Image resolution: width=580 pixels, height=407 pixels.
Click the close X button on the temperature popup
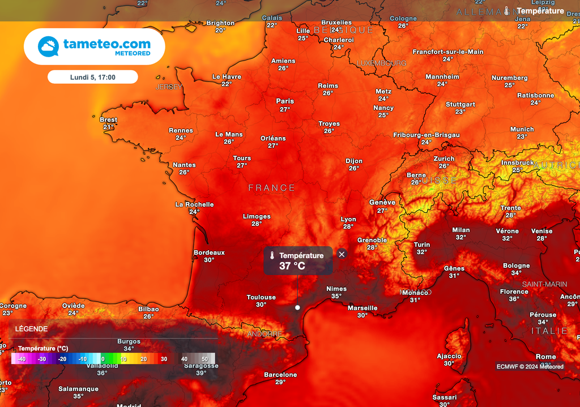pos(342,254)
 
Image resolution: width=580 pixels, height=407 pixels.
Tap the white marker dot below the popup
pos(297,307)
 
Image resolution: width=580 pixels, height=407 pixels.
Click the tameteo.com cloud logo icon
pos(48,46)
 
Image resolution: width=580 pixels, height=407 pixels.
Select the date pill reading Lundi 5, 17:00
pos(92,77)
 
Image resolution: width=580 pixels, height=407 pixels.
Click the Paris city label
pos(285,101)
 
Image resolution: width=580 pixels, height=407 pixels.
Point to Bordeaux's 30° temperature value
pos(209,260)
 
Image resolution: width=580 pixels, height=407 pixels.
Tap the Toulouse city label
pos(261,297)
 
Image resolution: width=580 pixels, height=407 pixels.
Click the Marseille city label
pos(362,308)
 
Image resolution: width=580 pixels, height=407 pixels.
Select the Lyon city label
pos(348,219)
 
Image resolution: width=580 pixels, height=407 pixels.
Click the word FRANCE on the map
pos(272,187)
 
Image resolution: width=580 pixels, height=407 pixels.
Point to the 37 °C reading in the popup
pos(292,266)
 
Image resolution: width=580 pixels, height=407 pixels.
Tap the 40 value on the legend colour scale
pos(185,359)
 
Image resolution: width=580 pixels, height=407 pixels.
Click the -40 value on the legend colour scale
pos(22,359)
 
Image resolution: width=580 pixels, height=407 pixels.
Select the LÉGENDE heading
pos(31,329)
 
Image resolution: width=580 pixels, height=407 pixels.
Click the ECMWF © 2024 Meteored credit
pos(530,366)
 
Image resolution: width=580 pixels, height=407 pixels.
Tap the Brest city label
pos(108,119)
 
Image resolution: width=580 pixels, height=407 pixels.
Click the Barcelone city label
pos(280,375)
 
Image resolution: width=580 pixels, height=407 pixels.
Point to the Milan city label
pos(461,230)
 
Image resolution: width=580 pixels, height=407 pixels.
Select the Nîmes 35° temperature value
pos(336,296)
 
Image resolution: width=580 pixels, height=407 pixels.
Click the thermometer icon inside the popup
pos(272,256)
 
